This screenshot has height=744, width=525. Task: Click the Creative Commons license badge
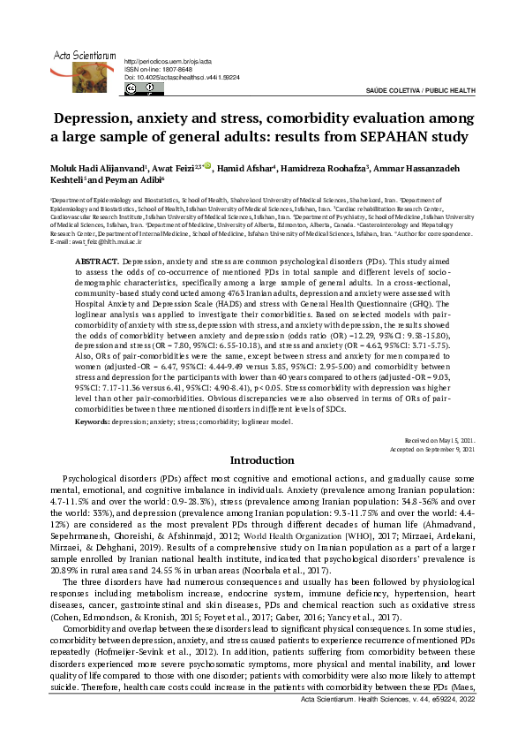[x=141, y=88]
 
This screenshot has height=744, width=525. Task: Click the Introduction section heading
[x=262, y=461]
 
